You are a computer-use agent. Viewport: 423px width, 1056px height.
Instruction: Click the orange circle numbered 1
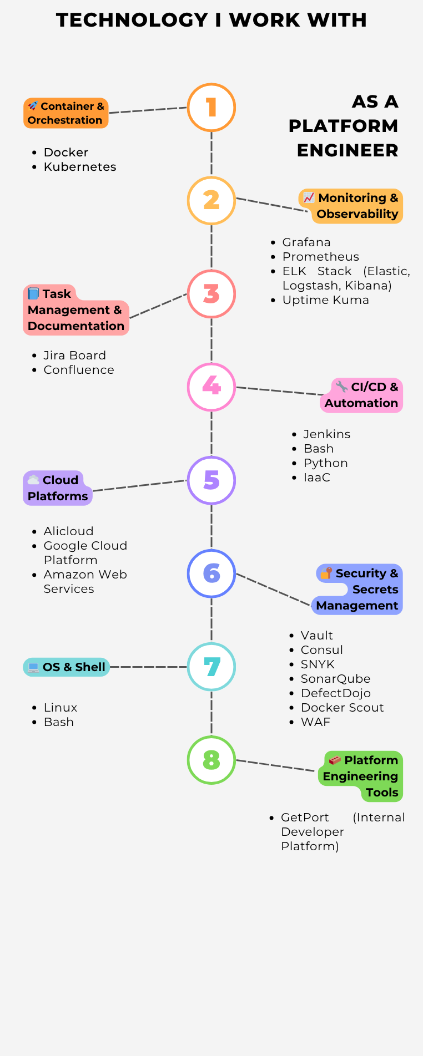point(211,108)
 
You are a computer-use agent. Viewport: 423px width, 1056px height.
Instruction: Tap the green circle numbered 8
point(211,760)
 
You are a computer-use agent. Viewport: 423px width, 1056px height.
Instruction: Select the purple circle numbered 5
point(211,480)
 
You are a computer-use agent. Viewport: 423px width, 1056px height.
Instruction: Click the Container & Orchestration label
point(66,113)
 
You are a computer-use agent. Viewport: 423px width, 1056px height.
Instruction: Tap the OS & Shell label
point(67,667)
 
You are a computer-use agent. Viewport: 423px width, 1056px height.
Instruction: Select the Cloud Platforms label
point(58,488)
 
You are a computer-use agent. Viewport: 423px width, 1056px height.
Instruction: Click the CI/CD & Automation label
point(361,395)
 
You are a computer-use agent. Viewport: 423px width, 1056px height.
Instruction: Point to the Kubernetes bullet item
point(80,167)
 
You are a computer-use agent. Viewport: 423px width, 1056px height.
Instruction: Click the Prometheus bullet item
point(320,257)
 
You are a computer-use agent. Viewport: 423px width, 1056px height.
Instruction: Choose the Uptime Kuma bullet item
point(325,300)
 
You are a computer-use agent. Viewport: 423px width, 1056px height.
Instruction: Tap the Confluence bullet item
point(79,370)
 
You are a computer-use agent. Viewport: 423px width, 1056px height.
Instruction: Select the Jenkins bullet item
point(326,434)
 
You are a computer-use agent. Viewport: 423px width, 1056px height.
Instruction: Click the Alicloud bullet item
point(68,531)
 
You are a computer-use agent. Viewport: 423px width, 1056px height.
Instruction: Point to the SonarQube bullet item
point(335,679)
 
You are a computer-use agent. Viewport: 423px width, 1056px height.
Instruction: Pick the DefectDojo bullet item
point(335,693)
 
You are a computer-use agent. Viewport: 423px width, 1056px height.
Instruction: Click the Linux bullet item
point(61,708)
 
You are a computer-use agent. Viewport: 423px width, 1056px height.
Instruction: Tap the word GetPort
point(305,818)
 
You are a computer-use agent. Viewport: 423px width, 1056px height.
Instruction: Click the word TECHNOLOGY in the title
point(132,20)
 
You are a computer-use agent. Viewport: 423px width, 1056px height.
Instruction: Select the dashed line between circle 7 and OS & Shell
point(148,667)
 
